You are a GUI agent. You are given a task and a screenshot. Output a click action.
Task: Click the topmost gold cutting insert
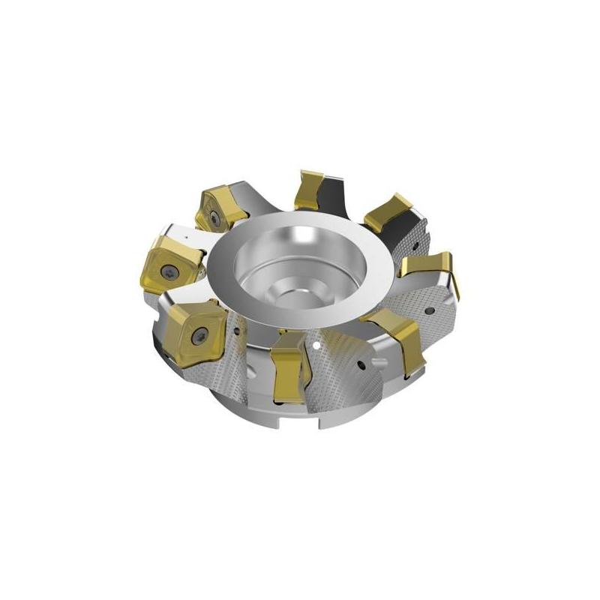310,190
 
